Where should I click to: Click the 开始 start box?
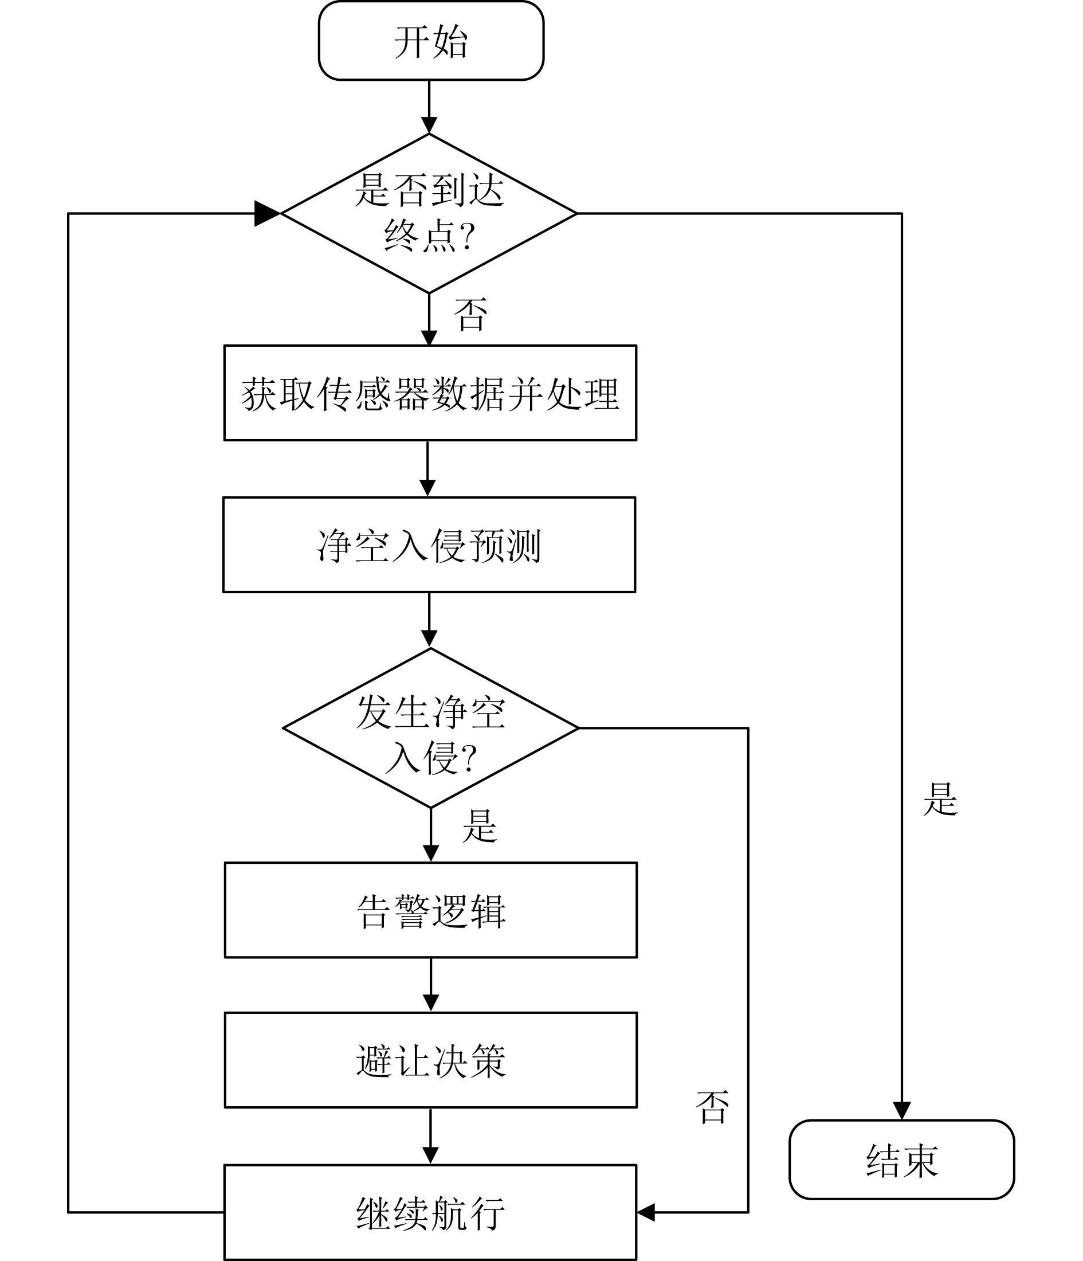click(x=431, y=41)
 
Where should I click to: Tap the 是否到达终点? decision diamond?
click(x=429, y=213)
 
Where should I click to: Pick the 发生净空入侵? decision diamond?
click(x=430, y=728)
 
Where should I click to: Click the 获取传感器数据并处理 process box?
click(x=430, y=393)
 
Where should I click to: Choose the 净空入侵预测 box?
click(x=429, y=545)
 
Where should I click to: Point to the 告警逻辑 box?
click(x=431, y=910)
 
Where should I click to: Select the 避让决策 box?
click(x=431, y=1061)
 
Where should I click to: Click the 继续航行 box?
click(x=430, y=1213)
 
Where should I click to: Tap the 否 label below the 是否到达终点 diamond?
click(x=470, y=315)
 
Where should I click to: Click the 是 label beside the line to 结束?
click(x=940, y=799)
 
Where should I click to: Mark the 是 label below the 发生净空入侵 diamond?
click(x=480, y=826)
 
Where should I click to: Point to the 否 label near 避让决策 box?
click(x=712, y=1106)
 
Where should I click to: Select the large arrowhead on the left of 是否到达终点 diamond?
click(x=266, y=214)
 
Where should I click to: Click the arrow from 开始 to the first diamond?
click(x=429, y=107)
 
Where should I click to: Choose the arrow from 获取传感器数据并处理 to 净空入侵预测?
click(x=427, y=469)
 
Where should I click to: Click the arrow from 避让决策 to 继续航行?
click(x=430, y=1136)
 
